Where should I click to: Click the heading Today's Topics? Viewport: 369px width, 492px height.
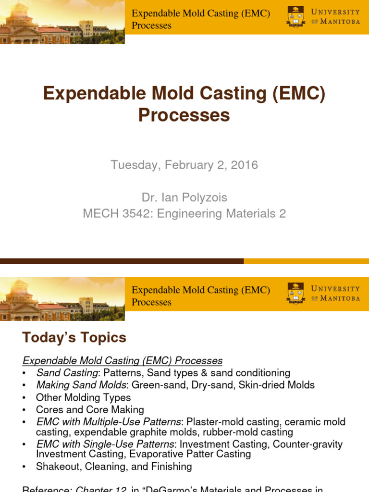click(74, 338)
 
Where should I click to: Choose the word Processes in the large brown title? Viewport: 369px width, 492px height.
click(184, 115)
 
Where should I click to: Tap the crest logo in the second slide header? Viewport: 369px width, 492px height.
click(295, 293)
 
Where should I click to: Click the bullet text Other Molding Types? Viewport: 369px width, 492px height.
click(83, 397)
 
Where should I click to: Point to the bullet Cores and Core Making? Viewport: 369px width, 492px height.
click(90, 410)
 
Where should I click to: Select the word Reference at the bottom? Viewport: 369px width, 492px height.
click(46, 489)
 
